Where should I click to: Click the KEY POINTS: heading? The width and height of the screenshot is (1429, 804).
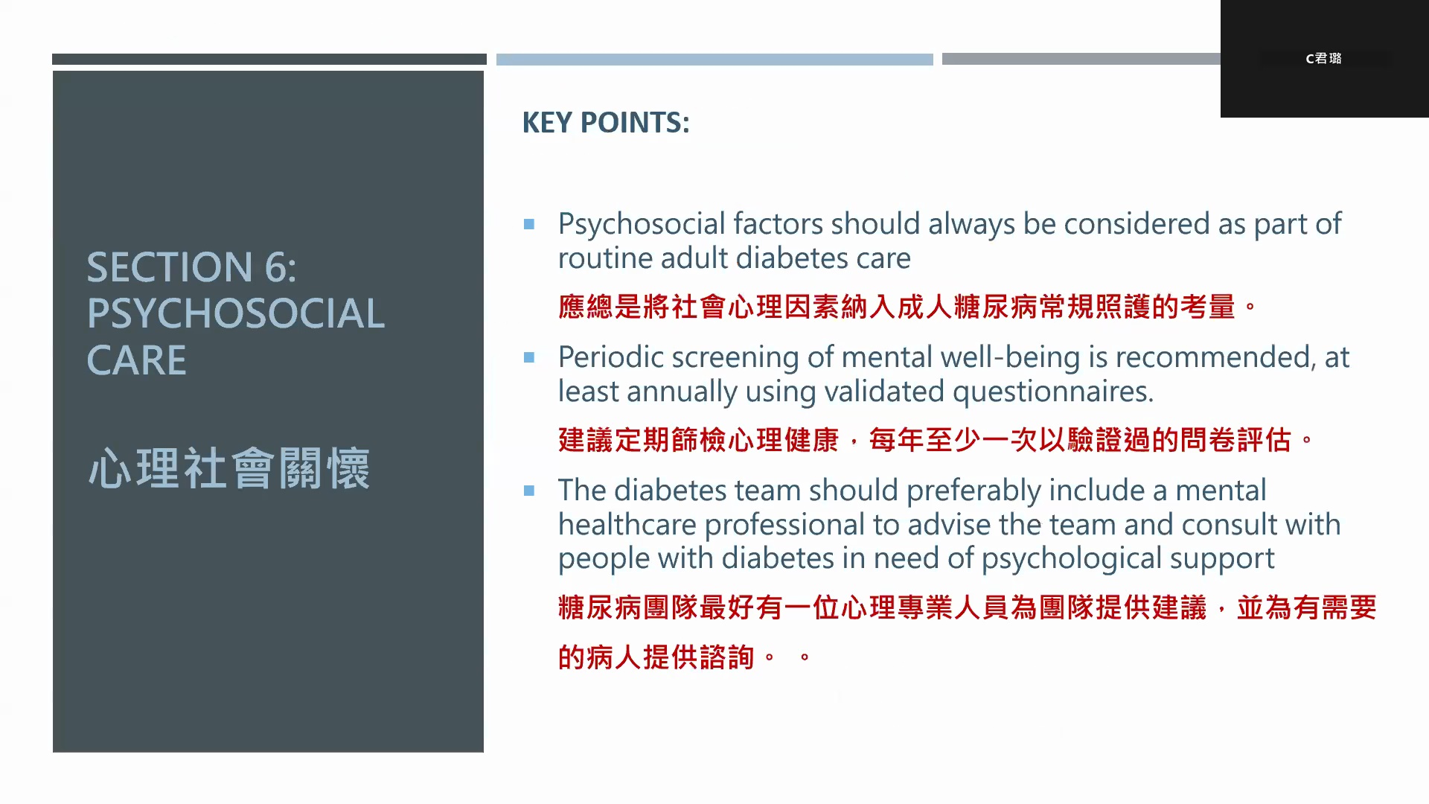[x=606, y=123]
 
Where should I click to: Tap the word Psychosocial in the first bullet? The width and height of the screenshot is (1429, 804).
[x=642, y=225]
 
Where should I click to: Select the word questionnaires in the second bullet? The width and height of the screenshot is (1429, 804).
[x=1053, y=392]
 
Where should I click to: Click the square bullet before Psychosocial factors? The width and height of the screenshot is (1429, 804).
[x=529, y=224]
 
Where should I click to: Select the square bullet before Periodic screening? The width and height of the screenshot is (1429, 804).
[x=529, y=357]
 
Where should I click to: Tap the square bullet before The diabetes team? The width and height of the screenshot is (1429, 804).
[x=529, y=491]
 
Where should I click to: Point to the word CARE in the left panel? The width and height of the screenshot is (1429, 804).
[x=136, y=360]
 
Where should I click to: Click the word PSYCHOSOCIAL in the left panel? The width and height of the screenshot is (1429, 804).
[x=236, y=313]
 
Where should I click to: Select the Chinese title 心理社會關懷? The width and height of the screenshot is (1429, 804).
[x=229, y=468]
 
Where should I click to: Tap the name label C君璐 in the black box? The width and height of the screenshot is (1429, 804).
[x=1323, y=58]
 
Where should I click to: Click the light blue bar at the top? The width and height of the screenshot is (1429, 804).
[x=714, y=60]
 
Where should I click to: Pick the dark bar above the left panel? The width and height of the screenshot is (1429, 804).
[x=269, y=59]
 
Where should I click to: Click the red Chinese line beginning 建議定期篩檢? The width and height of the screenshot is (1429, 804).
[x=936, y=440]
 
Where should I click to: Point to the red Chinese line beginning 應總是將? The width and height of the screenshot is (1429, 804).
[x=907, y=307]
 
